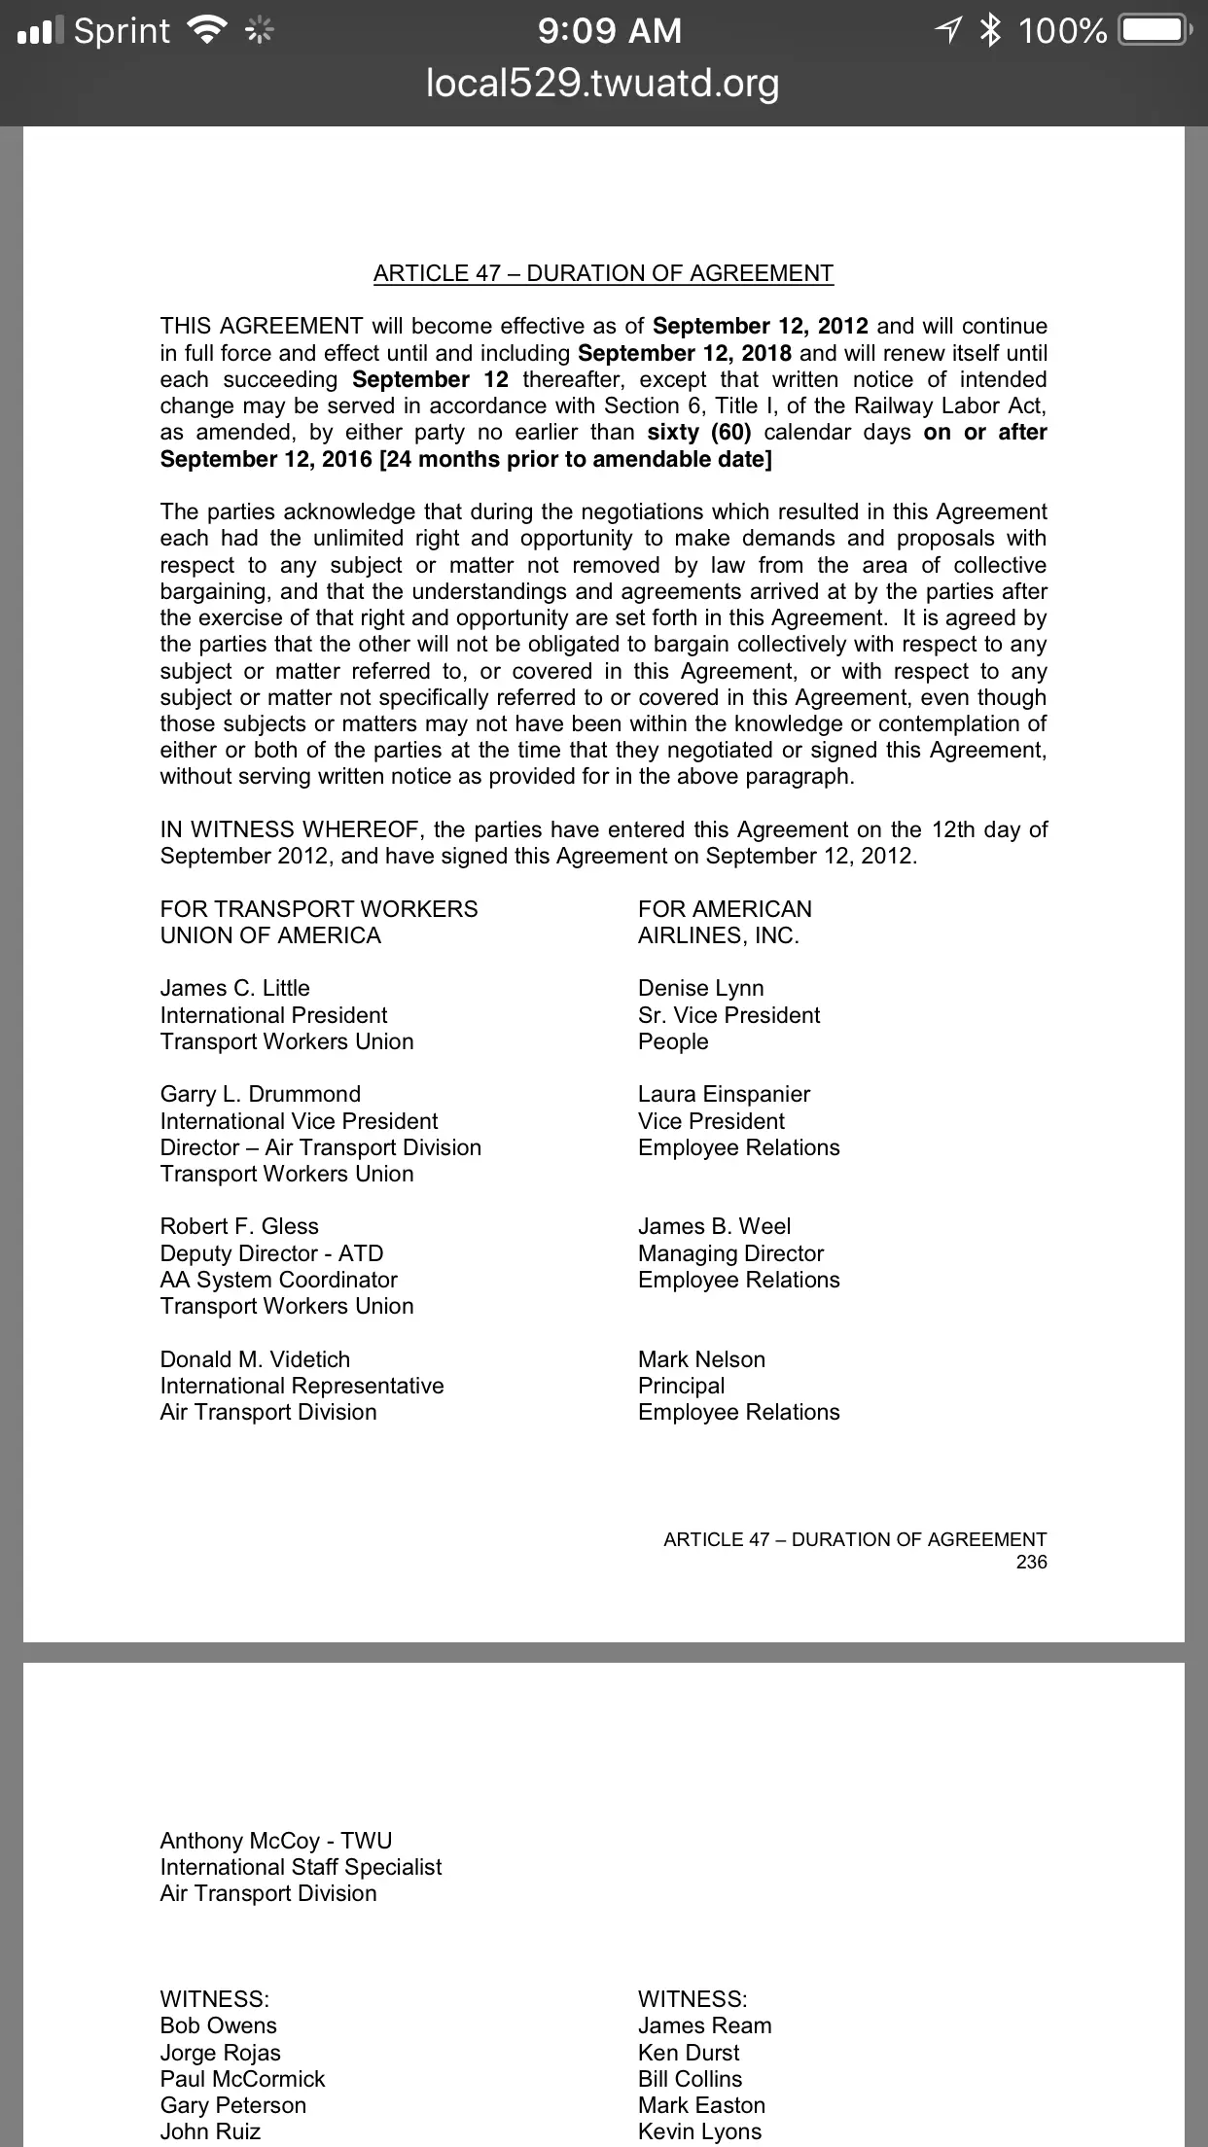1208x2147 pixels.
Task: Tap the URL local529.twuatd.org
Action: click(x=603, y=84)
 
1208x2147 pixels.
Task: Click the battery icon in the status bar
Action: click(x=1155, y=31)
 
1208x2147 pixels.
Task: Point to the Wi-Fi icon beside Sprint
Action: click(x=205, y=31)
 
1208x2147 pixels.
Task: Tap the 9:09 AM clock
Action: click(x=609, y=31)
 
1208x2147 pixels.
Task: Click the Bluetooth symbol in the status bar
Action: click(x=990, y=31)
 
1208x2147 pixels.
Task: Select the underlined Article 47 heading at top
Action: click(x=603, y=273)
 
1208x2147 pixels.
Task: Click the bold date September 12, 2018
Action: click(x=684, y=353)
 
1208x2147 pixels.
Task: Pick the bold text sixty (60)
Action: click(x=698, y=432)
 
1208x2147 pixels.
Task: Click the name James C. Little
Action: click(x=234, y=988)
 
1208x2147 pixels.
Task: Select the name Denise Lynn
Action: click(x=700, y=988)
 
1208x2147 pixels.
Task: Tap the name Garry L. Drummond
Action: click(x=260, y=1094)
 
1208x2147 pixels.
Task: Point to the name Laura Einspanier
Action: click(x=724, y=1094)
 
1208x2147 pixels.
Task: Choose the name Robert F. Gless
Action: click(x=239, y=1226)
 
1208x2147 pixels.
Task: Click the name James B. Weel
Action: click(x=714, y=1226)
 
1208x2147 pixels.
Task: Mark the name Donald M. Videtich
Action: click(x=255, y=1359)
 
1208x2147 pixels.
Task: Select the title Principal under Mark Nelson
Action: click(x=681, y=1386)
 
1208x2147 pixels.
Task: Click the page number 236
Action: click(x=1031, y=1562)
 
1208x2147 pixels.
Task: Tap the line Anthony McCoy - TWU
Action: click(x=275, y=1841)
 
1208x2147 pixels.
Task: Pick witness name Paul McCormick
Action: click(x=242, y=2079)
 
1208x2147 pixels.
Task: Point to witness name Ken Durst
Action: click(x=689, y=2053)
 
